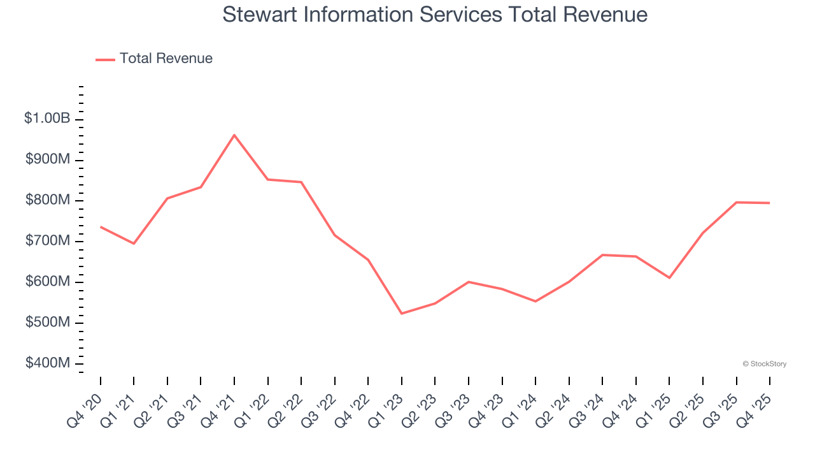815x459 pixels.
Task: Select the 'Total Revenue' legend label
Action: [x=166, y=59]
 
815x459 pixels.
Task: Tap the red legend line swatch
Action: [x=105, y=59]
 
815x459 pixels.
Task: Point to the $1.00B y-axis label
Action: [x=47, y=119]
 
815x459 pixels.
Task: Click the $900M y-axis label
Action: [x=47, y=159]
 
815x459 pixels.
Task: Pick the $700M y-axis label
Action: [x=47, y=241]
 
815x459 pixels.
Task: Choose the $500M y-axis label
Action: [x=47, y=323]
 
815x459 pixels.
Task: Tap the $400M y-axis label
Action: [x=47, y=363]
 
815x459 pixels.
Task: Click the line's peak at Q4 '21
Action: [x=234, y=135]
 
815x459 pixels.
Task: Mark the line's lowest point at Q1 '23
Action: [x=402, y=314]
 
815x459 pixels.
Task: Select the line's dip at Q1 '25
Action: [x=669, y=278]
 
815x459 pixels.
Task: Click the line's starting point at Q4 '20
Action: [x=101, y=227]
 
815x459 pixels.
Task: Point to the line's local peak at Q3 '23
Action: [x=469, y=282]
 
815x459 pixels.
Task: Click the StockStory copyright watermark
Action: [x=764, y=364]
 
